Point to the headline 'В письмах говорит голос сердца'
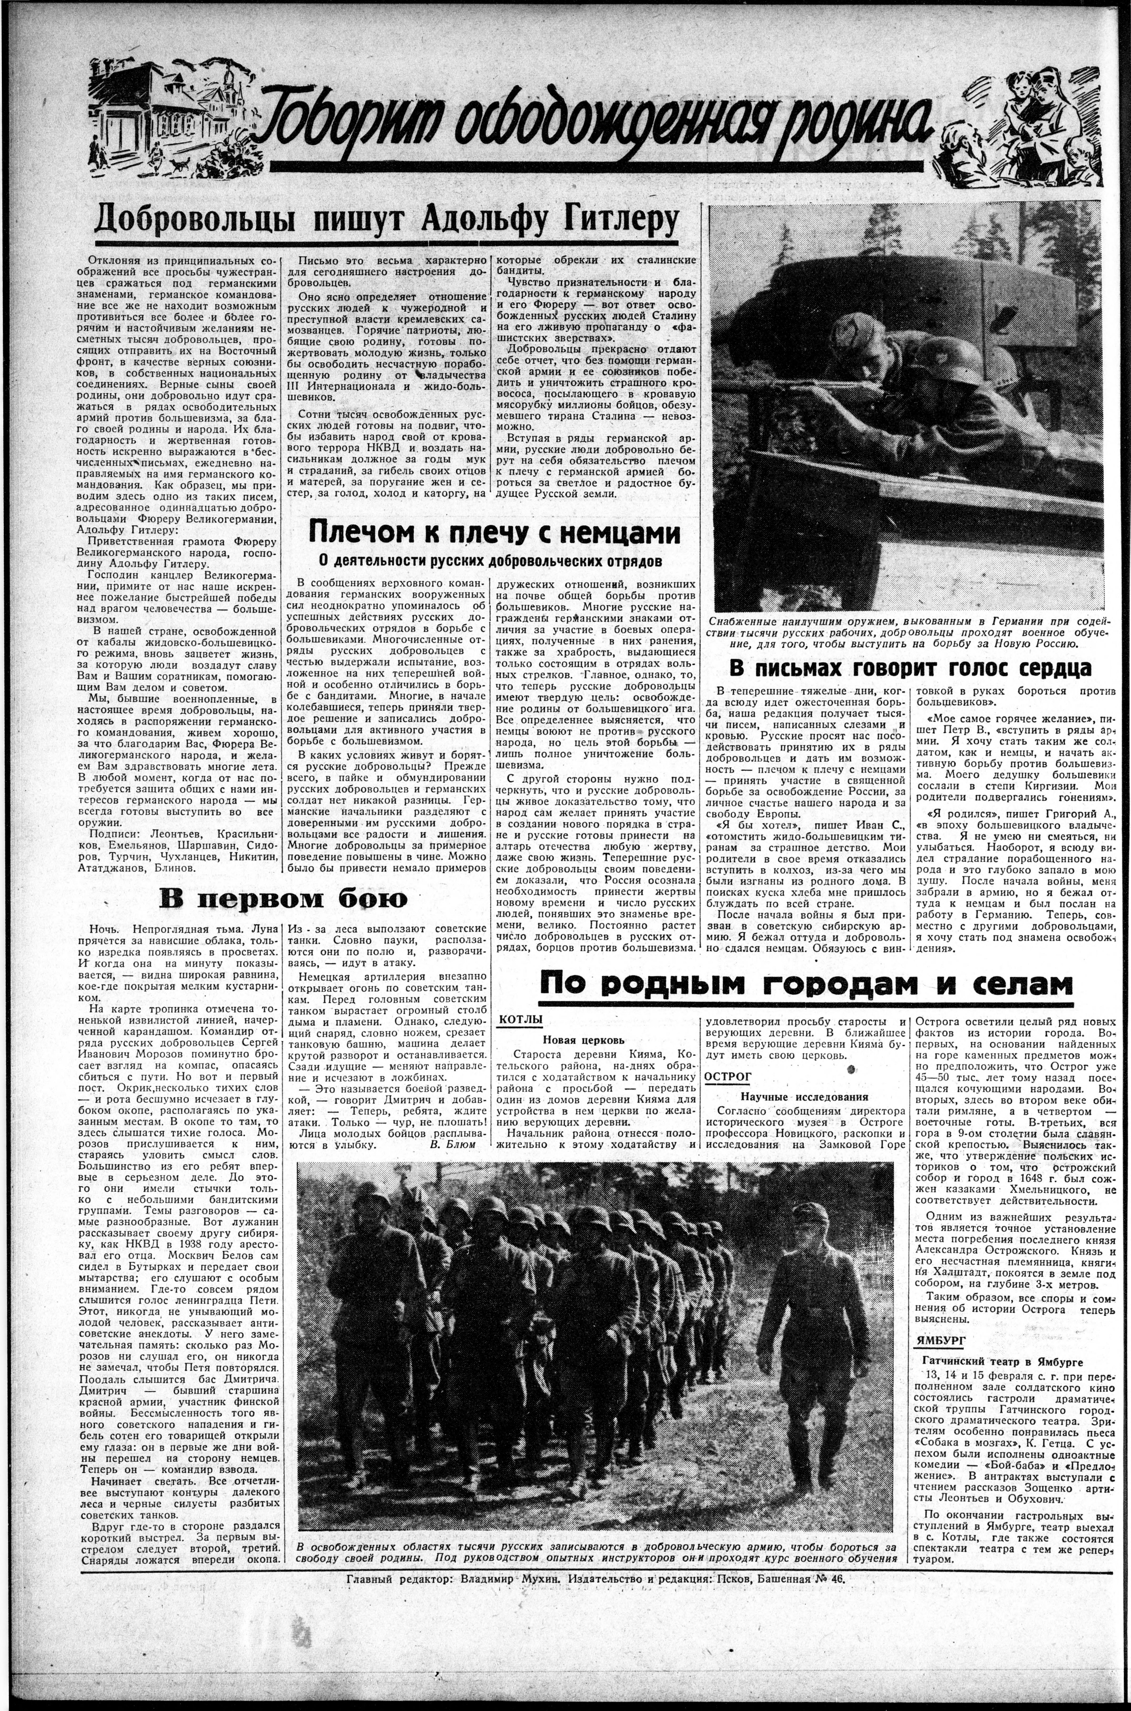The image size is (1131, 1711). [x=910, y=668]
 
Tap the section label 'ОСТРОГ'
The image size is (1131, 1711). [x=728, y=1076]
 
